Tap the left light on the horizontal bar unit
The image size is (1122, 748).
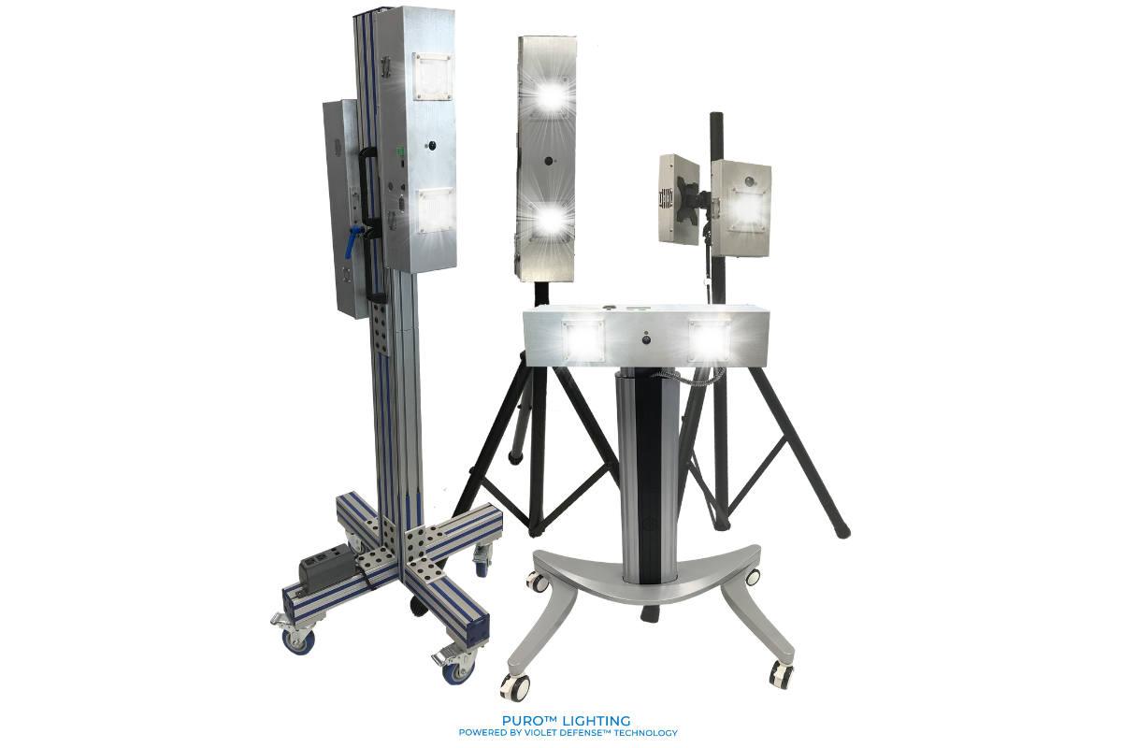pos(584,339)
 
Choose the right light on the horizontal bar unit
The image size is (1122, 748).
pos(709,338)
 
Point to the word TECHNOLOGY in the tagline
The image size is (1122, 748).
pos(644,733)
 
